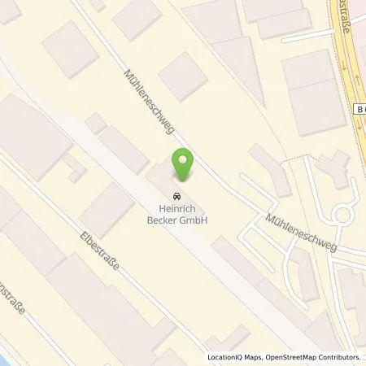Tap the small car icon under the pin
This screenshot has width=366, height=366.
click(x=176, y=195)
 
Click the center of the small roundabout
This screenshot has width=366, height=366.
click(x=342, y=215)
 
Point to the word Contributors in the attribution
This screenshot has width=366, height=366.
click(x=338, y=357)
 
